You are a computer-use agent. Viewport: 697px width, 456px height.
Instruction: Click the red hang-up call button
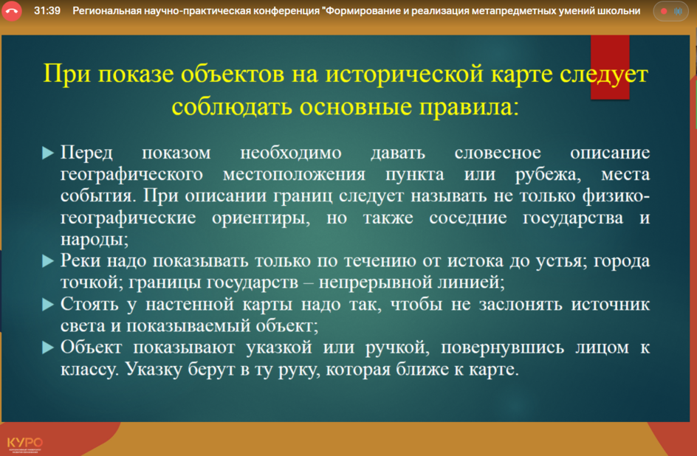[11, 11]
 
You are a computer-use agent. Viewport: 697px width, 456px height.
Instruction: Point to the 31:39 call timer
[47, 10]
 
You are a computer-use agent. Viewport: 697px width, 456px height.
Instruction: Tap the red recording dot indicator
[664, 11]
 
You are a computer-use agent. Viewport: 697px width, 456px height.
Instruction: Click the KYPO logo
[25, 443]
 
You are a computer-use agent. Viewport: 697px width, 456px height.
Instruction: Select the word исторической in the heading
[404, 73]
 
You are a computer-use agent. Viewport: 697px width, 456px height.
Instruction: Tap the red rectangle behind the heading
[610, 67]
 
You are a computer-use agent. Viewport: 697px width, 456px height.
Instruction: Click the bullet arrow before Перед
[47, 153]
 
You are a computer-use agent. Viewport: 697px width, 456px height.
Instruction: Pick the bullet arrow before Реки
[47, 260]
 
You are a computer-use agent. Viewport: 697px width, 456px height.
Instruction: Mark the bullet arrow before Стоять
[47, 304]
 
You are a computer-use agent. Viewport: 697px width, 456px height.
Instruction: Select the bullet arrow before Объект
[47, 348]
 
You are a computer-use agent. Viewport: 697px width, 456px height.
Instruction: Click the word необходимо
[291, 153]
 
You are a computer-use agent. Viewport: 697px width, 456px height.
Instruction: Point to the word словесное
[498, 153]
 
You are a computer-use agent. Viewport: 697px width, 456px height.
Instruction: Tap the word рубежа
[548, 174]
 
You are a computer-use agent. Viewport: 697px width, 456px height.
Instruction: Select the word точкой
[92, 283]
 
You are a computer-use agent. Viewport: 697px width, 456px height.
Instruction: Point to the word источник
[611, 305]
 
